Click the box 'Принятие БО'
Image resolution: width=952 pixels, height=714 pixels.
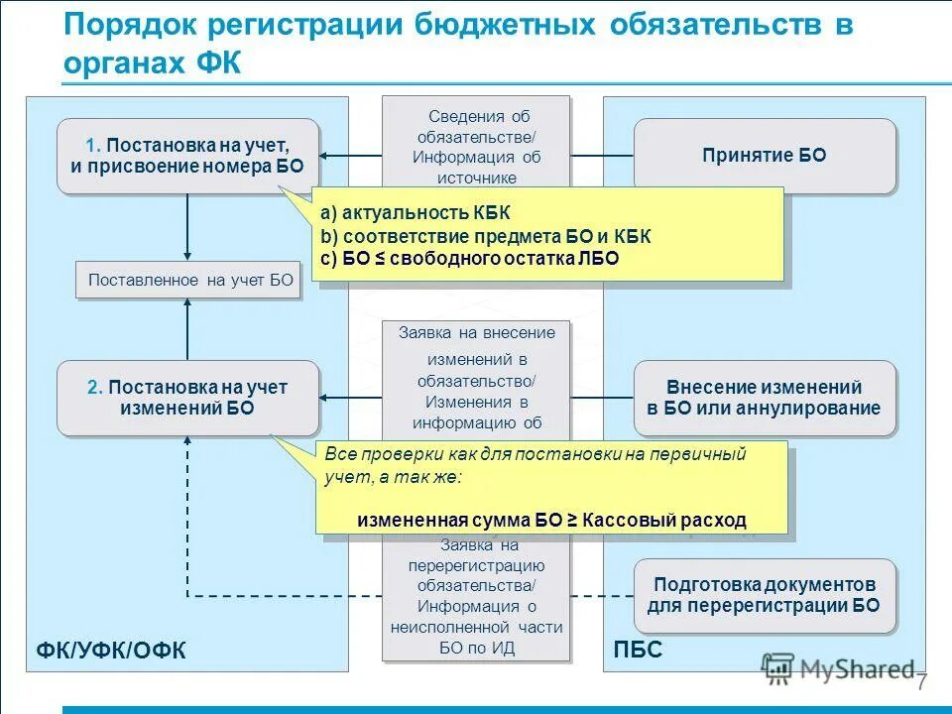point(764,156)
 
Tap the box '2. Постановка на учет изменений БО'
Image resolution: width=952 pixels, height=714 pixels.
point(187,398)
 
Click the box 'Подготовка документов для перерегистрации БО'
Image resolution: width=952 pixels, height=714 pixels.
point(764,595)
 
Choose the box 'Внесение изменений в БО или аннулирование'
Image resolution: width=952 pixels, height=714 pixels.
point(764,398)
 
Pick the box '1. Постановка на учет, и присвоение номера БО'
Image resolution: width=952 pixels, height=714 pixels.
point(187,156)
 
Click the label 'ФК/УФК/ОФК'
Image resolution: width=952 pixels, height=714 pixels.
point(111,650)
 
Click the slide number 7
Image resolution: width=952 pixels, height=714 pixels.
point(921,683)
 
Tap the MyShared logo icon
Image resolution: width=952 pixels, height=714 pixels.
point(776,668)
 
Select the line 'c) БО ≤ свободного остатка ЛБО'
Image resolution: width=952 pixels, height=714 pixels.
point(469,259)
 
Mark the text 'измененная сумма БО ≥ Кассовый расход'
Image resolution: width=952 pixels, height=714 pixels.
point(551,520)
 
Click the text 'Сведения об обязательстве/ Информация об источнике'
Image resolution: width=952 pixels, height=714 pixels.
point(477,147)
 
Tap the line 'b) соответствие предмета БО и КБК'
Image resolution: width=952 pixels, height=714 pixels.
point(486,236)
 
